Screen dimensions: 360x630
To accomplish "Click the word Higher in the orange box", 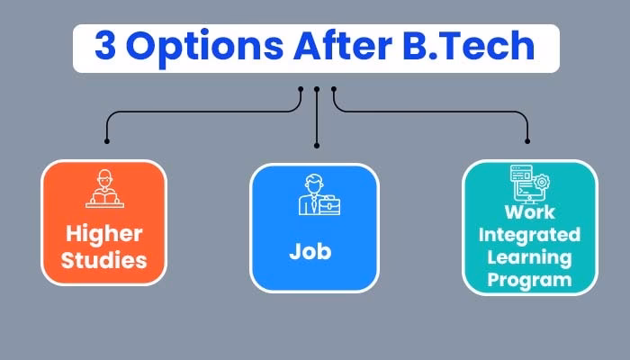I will (104, 235).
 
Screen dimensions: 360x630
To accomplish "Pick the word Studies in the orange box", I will (104, 262).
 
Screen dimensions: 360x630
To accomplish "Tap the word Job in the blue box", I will (310, 251).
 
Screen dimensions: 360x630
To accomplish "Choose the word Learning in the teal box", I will (529, 258).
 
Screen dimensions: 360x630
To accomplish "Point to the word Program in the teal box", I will (529, 280).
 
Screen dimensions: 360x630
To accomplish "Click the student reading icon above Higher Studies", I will (103, 189).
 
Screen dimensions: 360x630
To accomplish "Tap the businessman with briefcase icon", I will (316, 194).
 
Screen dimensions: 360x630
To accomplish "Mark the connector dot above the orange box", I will (107, 141).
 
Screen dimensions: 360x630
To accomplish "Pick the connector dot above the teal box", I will (527, 141).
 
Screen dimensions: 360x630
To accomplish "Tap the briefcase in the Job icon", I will (330, 205).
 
